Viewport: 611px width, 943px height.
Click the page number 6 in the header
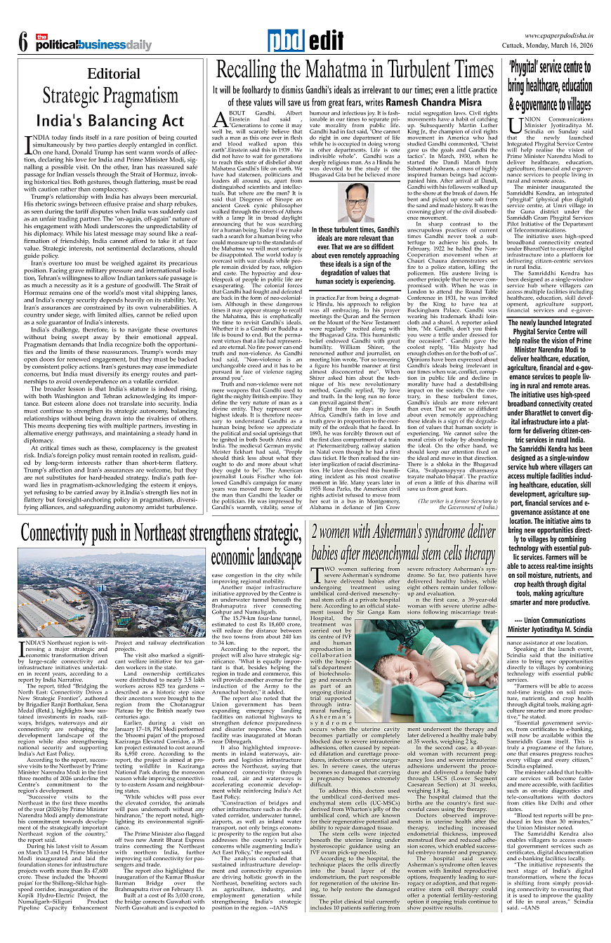tap(23, 44)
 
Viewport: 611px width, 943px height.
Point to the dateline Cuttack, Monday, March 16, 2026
tap(549, 46)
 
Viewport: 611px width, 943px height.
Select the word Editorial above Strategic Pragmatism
tap(114, 74)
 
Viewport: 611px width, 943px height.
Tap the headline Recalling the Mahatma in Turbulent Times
tap(355, 70)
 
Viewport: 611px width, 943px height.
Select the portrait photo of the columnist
tap(360, 202)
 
